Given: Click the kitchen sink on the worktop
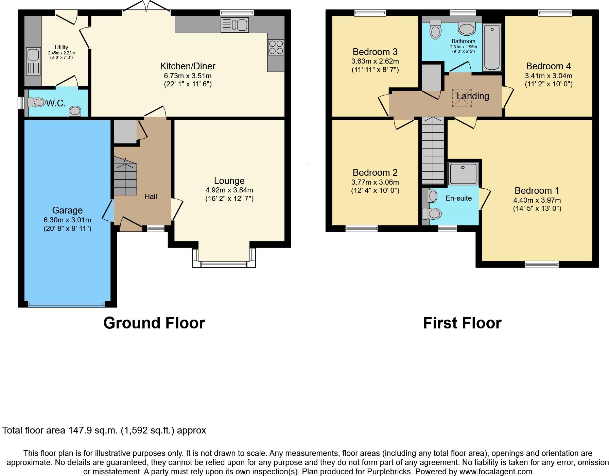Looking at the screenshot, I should click(235, 25).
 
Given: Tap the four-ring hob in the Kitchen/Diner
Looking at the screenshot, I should click(276, 47).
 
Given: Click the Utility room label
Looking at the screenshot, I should click(62, 47).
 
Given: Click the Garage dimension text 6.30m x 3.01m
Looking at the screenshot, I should click(67, 220).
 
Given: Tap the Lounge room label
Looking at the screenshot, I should click(229, 181).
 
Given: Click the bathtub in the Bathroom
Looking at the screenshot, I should click(492, 47).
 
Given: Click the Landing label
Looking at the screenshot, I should click(473, 96).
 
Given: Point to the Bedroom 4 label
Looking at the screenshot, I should click(548, 66).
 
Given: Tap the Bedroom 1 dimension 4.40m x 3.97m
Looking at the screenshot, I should click(537, 200).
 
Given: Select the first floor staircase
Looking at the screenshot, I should click(433, 151).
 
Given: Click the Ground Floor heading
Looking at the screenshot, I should click(154, 323).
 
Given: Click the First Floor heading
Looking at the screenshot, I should click(462, 323).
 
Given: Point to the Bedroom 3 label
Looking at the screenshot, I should click(375, 52).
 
